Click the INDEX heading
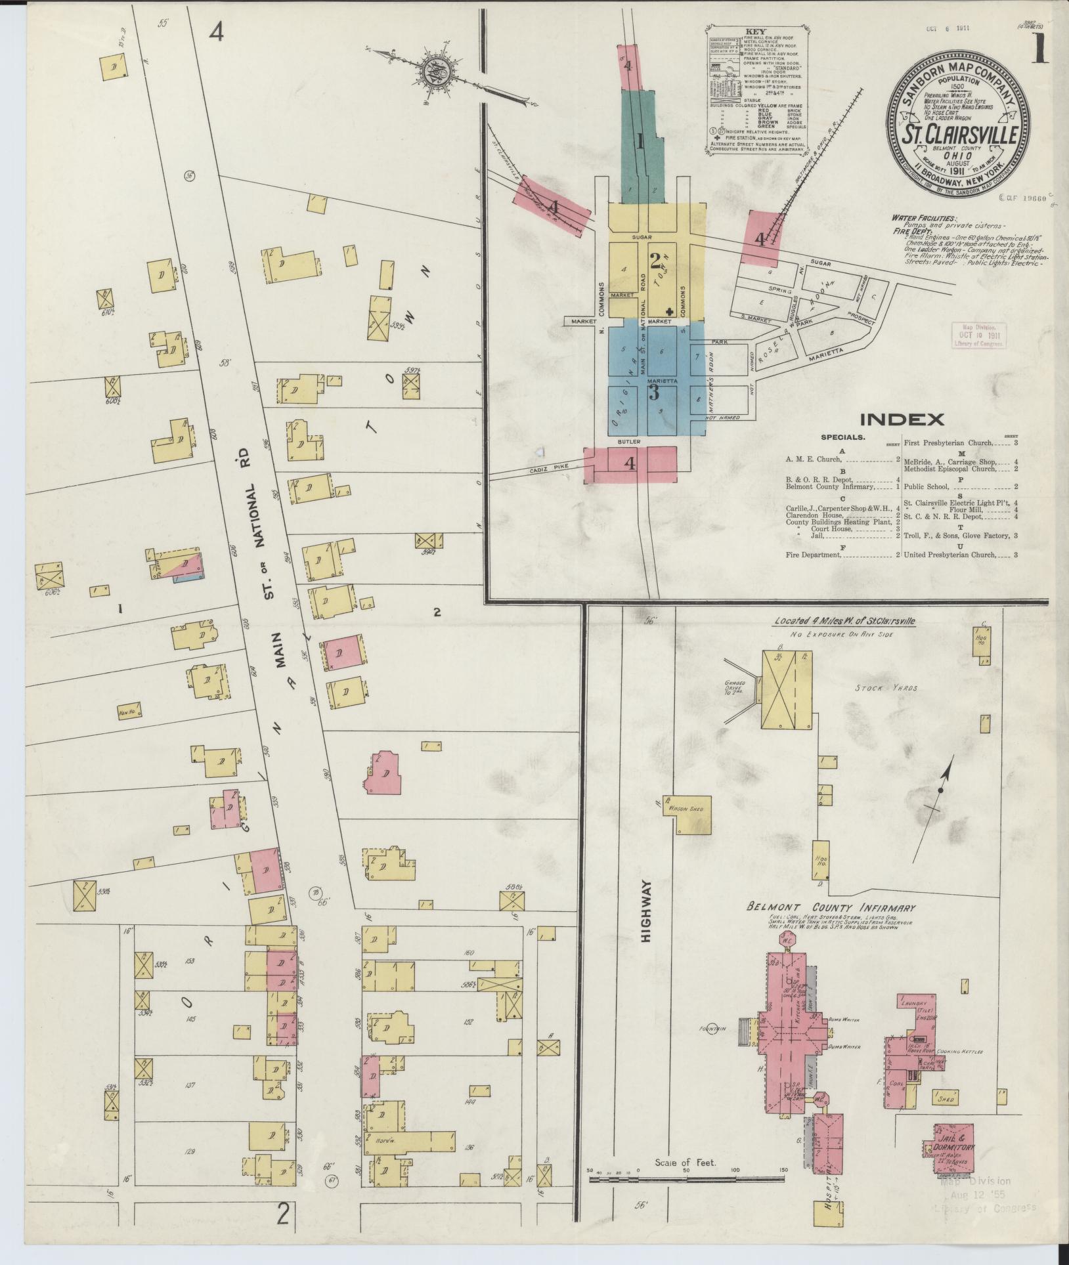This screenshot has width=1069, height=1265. (903, 419)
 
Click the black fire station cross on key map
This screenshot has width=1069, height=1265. (669, 312)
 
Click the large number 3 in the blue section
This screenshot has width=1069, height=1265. (654, 393)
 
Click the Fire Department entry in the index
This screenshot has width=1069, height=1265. (813, 555)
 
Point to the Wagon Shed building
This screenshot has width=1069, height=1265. (686, 809)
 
